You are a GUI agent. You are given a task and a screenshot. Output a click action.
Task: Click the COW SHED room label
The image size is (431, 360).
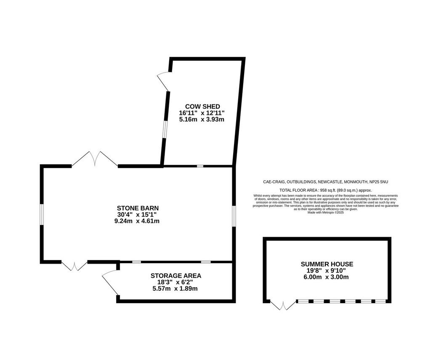pyautogui.click(x=202, y=107)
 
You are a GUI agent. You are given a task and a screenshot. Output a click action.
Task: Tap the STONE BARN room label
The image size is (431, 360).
pyautogui.click(x=138, y=208)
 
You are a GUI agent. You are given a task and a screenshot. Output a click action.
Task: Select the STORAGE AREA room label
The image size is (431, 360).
pyautogui.click(x=176, y=275)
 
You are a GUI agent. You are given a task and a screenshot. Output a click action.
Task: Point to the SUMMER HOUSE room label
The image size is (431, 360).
pyautogui.click(x=327, y=264)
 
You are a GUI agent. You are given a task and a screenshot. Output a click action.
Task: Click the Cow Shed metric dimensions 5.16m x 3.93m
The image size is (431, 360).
pyautogui.click(x=202, y=119)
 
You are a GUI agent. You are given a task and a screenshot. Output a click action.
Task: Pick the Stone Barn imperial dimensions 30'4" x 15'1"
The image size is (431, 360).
pyautogui.click(x=137, y=214)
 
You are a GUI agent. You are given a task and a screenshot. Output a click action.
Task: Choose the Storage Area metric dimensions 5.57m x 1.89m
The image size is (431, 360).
pyautogui.click(x=175, y=288)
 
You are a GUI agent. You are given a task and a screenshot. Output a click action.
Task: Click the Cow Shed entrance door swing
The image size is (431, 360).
pyautogui.click(x=163, y=82)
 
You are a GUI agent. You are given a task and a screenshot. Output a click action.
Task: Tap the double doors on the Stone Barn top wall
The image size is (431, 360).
pyautogui.click(x=95, y=159)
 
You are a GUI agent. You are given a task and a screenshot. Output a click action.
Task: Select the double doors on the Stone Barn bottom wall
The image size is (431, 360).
pyautogui.click(x=74, y=266)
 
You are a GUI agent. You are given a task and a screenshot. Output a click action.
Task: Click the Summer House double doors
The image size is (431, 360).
pyautogui.click(x=283, y=305)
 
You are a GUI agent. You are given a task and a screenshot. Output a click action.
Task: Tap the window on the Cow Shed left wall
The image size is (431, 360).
pyautogui.click(x=164, y=129)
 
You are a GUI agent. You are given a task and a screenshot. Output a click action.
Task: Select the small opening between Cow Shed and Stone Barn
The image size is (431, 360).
pyautogui.click(x=200, y=166)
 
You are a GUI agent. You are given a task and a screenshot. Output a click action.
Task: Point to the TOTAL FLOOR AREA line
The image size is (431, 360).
pyautogui.click(x=325, y=190)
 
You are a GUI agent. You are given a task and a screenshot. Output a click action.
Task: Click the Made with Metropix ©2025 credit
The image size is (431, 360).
pyautogui.click(x=325, y=212)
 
